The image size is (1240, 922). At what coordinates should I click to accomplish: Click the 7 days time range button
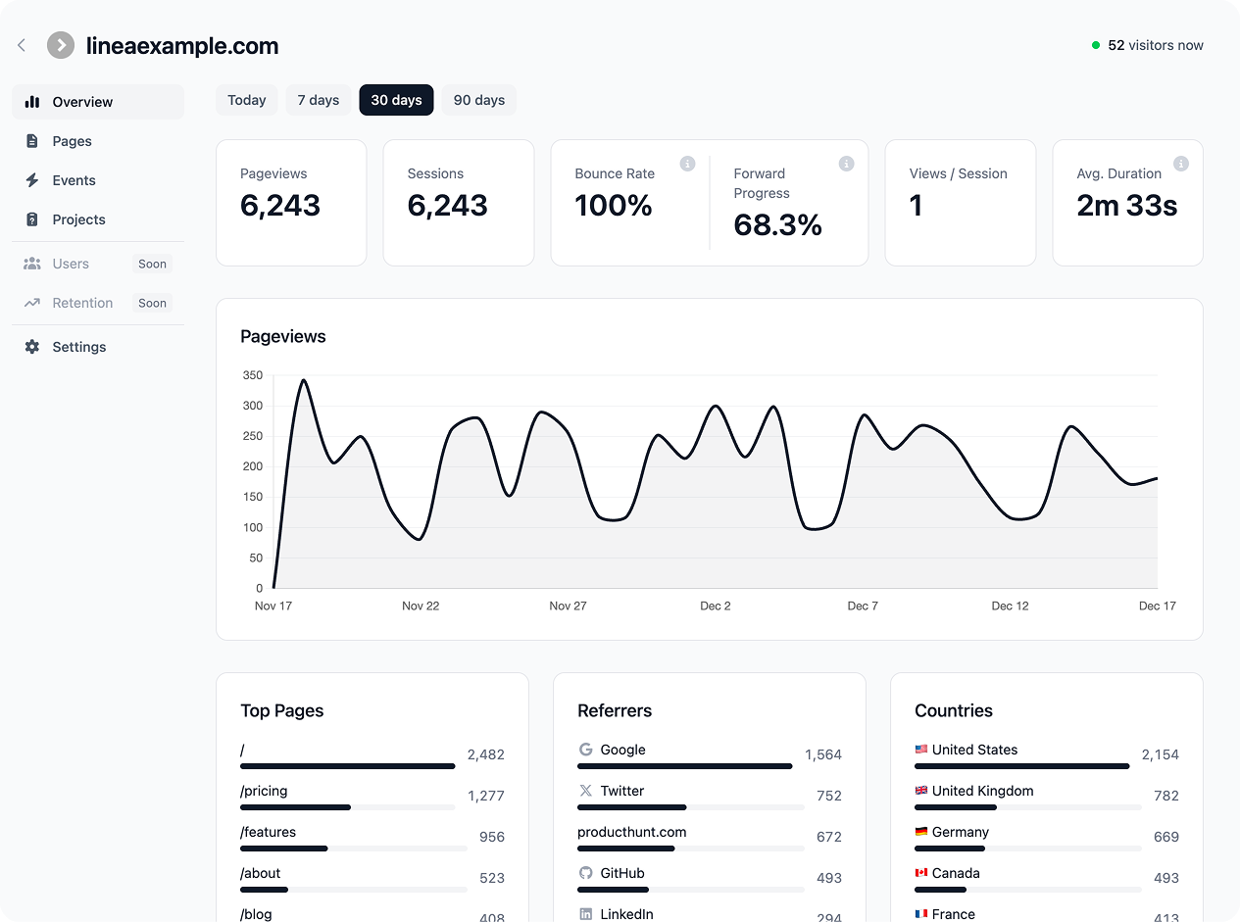point(318,100)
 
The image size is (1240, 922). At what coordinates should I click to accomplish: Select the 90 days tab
point(478,100)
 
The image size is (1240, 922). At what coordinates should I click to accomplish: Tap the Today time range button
point(247,100)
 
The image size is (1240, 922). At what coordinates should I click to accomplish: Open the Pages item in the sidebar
point(72,141)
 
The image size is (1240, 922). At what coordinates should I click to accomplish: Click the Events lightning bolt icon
point(32,180)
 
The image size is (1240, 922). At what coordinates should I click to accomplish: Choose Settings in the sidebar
point(78,347)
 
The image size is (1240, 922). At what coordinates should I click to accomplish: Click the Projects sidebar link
point(78,219)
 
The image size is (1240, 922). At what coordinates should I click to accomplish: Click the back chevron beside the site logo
point(22,45)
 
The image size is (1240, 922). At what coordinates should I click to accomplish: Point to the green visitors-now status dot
point(1096,45)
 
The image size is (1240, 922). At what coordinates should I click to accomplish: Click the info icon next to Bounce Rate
point(687,164)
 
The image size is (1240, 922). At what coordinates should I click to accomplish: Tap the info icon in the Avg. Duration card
point(1181,164)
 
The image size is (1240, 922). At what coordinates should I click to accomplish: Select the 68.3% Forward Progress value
point(777,225)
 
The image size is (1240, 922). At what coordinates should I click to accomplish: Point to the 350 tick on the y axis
point(252,375)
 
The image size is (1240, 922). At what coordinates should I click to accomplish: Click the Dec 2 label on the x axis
point(715,606)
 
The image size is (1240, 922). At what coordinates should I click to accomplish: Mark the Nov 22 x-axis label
point(421,606)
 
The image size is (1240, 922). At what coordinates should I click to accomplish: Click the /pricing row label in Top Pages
point(264,791)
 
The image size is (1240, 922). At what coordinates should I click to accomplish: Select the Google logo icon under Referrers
point(586,750)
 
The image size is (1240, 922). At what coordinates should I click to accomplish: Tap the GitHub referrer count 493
point(829,878)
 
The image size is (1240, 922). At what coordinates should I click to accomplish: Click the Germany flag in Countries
point(920,832)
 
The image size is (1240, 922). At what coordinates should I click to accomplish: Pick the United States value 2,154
point(1160,754)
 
